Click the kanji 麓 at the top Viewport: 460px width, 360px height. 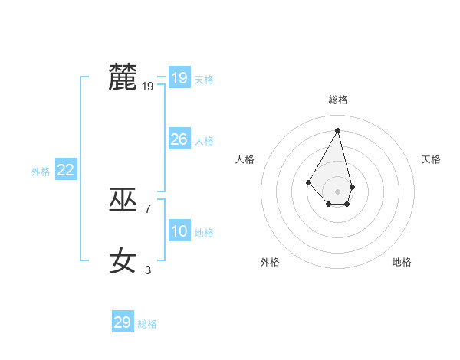pyautogui.click(x=123, y=77)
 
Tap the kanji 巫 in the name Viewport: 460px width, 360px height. pyautogui.click(x=123, y=200)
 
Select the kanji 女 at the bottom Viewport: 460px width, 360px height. pyautogui.click(x=123, y=260)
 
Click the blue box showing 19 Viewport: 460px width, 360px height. pyautogui.click(x=179, y=78)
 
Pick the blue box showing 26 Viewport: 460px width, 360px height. pyautogui.click(x=179, y=139)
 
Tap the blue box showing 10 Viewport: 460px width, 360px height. pyautogui.click(x=179, y=231)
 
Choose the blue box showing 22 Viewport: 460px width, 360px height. pyautogui.click(x=65, y=170)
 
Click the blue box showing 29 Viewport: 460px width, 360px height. pyautogui.click(x=123, y=322)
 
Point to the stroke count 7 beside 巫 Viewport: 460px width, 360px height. pyautogui.click(x=148, y=208)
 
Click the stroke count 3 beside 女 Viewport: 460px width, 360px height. pyautogui.click(x=148, y=270)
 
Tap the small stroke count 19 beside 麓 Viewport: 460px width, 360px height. pyautogui.click(x=148, y=87)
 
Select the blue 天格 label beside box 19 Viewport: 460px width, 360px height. pyautogui.click(x=204, y=80)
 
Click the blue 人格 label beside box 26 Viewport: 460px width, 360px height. pyautogui.click(x=204, y=141)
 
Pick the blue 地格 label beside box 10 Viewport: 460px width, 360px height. pyautogui.click(x=204, y=233)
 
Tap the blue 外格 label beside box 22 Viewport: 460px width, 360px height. pyautogui.click(x=41, y=172)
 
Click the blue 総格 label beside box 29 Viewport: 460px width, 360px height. pyautogui.click(x=147, y=324)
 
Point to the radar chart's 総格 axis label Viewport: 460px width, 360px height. pyautogui.click(x=338, y=100)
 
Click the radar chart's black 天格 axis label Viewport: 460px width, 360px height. pyautogui.click(x=431, y=159)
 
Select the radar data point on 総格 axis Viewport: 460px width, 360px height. pyautogui.click(x=338, y=129)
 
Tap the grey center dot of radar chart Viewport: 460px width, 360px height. pyautogui.click(x=338, y=191)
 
